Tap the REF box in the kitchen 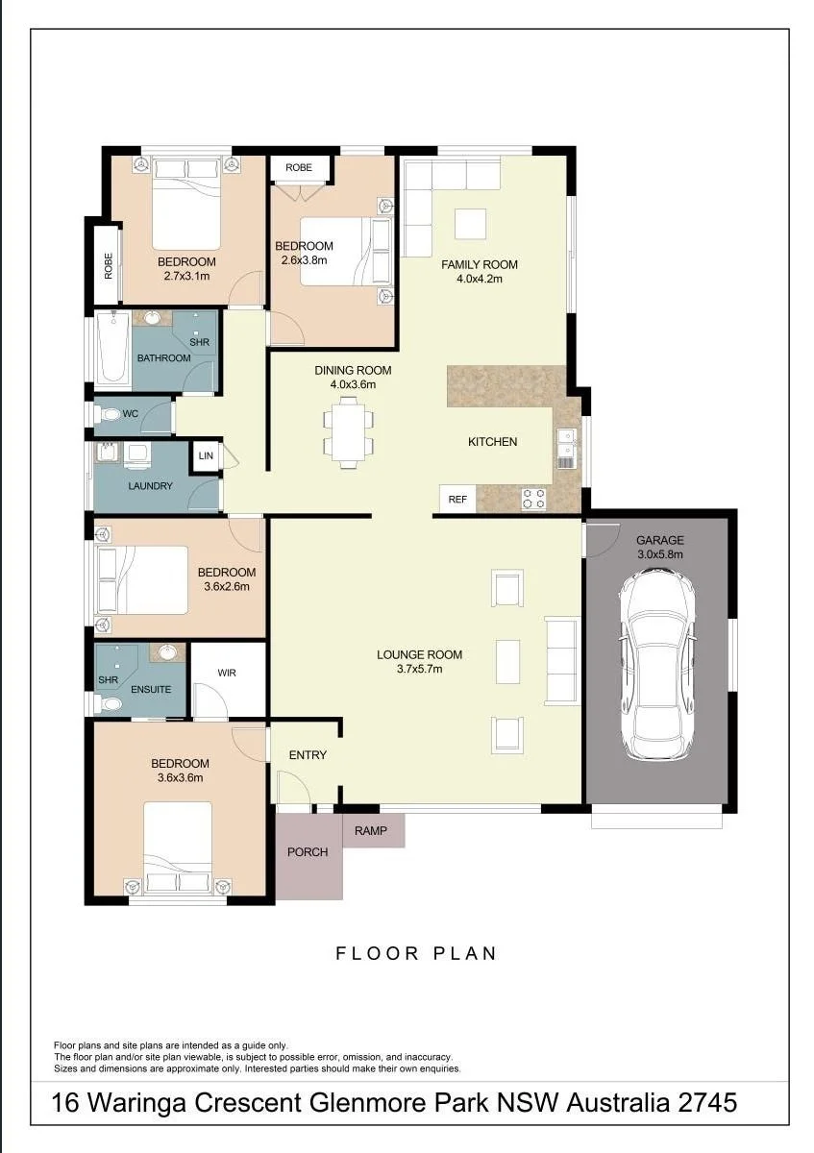pos(457,500)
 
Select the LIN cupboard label pos(206,455)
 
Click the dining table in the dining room pos(349,431)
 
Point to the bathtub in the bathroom pos(112,347)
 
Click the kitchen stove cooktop pos(534,500)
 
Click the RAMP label pos(371,830)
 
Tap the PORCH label pos(308,852)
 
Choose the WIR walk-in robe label pos(227,673)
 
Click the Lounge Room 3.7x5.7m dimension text pos(420,669)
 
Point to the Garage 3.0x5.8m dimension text pos(660,554)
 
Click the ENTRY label pos(308,754)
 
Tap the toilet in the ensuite pos(108,703)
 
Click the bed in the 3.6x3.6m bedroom pos(178,847)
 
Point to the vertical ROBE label pos(109,265)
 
